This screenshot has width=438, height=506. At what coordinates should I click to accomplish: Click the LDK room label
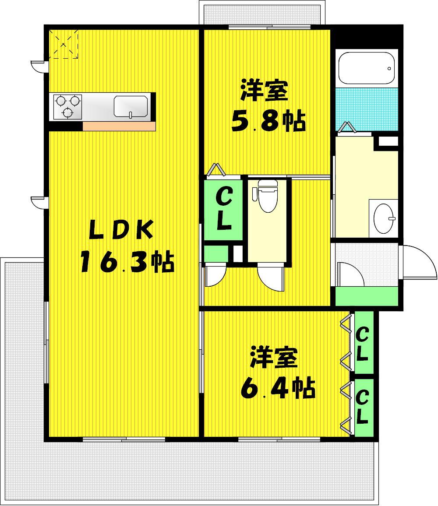coord(121,230)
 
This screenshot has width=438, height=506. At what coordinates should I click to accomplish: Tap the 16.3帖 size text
coord(127,261)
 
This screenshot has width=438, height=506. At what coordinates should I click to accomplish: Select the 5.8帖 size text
coord(268,121)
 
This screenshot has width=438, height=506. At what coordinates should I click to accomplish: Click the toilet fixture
coord(268,196)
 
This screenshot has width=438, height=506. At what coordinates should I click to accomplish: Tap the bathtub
coord(366,68)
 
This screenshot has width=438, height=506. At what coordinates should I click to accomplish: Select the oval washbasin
coord(384,218)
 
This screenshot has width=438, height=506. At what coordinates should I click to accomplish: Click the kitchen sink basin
coord(131,107)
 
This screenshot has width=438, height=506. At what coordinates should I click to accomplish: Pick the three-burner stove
coord(67,107)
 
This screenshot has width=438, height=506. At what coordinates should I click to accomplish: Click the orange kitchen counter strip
coord(119,126)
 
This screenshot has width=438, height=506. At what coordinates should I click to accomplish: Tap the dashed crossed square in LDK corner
coord(64,44)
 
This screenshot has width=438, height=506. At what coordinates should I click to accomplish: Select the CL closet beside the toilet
coord(223,209)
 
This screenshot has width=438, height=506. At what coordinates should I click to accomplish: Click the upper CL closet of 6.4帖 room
coord(363,344)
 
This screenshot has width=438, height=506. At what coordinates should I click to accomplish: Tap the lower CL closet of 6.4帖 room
coord(363,407)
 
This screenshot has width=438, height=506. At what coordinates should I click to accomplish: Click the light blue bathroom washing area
coord(367,109)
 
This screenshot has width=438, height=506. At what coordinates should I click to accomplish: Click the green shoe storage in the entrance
coord(367,296)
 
